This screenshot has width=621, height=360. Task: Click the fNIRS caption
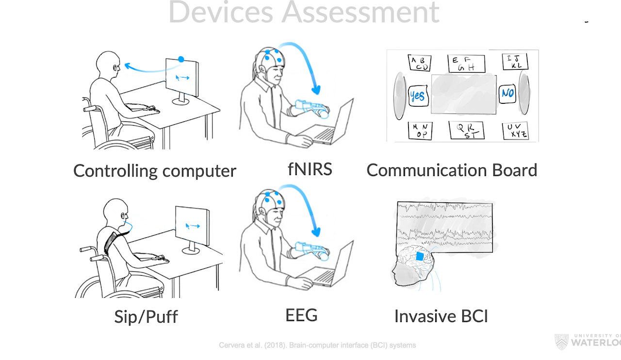(310, 169)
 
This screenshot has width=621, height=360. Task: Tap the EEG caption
(301, 315)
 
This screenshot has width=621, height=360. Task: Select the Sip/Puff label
(146, 317)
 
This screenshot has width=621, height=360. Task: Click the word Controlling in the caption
(115, 171)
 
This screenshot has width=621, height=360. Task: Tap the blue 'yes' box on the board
(417, 96)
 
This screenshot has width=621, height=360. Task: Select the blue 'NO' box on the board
(507, 92)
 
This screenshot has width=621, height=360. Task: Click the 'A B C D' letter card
(420, 63)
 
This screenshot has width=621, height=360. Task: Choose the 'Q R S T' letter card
(464, 130)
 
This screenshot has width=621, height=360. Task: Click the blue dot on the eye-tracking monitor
(181, 59)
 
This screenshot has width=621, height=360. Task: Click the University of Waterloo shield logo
(561, 341)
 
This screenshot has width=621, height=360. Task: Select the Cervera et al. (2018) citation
(317, 345)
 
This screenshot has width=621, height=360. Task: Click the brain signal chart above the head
(445, 226)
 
